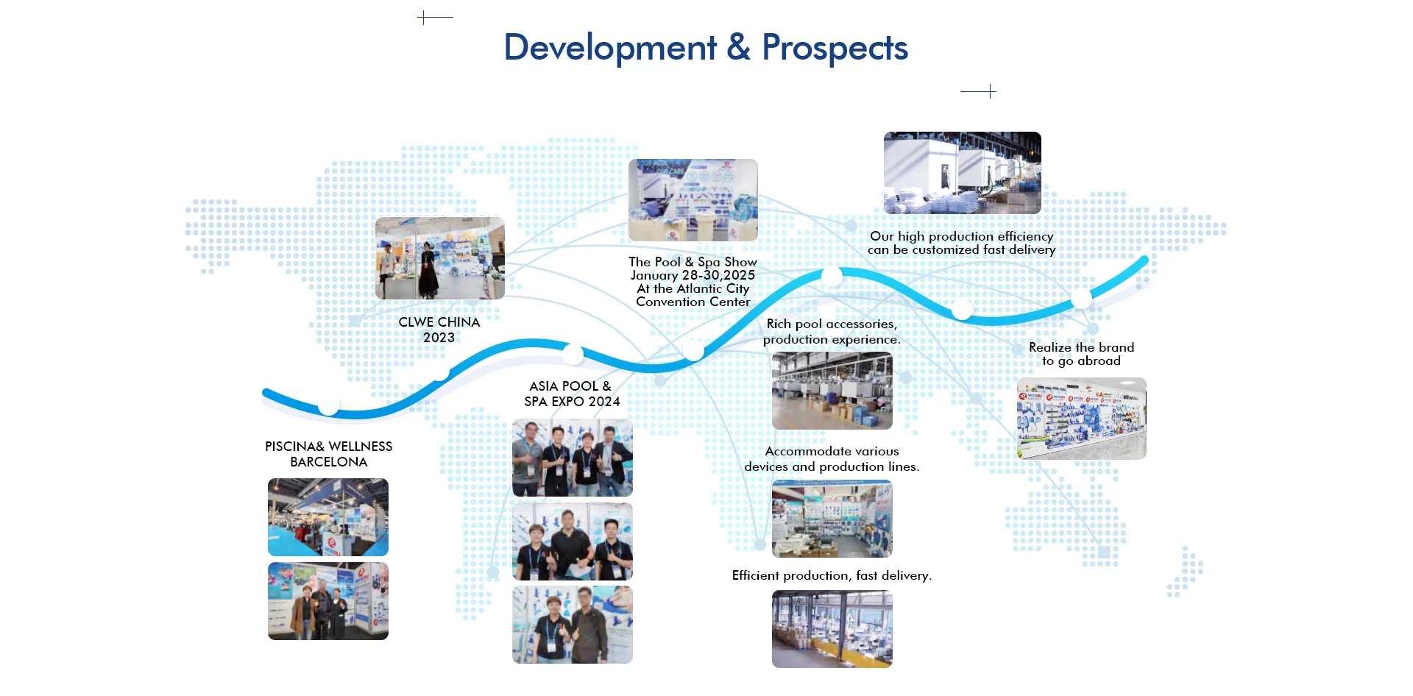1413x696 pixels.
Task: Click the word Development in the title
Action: click(610, 48)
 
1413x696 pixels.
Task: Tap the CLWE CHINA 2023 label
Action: click(439, 330)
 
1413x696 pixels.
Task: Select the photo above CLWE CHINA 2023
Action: click(440, 258)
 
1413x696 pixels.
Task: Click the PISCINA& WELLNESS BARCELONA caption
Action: click(328, 454)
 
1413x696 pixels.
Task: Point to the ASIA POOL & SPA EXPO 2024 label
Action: click(572, 394)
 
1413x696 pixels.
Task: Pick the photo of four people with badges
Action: click(573, 458)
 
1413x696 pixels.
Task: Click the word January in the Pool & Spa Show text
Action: click(654, 275)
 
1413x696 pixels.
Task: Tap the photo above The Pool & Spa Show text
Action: click(693, 200)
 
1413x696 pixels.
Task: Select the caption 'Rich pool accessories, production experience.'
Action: click(832, 331)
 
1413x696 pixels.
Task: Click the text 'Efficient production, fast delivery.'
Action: click(832, 575)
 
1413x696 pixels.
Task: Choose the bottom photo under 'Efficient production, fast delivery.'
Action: click(832, 629)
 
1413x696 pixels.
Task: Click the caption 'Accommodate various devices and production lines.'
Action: click(832, 458)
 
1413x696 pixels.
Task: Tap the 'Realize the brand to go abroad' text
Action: click(1081, 354)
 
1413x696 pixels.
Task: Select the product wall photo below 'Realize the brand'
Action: click(1082, 419)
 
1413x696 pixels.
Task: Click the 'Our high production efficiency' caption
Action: click(962, 236)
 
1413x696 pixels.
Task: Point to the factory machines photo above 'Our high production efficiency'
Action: click(963, 173)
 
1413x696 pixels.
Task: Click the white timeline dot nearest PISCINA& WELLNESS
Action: click(329, 406)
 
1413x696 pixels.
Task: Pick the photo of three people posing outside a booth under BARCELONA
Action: click(328, 601)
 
